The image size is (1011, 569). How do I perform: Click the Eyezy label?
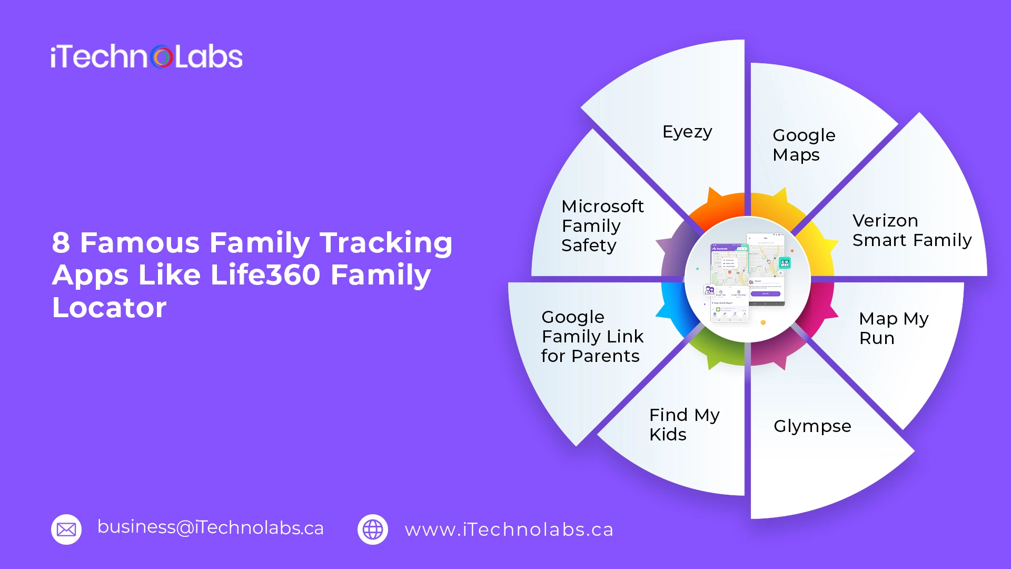pyautogui.click(x=687, y=132)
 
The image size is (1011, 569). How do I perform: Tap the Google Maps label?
pyautogui.click(x=803, y=145)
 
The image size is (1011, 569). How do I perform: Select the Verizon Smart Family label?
pyautogui.click(x=911, y=230)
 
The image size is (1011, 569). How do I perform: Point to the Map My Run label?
pyautogui.click(x=893, y=328)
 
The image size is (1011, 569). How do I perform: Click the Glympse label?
pyautogui.click(x=812, y=426)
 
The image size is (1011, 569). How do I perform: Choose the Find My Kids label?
pyautogui.click(x=683, y=425)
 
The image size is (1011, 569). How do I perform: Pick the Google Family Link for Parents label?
pyautogui.click(x=592, y=337)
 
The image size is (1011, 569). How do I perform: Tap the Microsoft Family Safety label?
pyautogui.click(x=602, y=225)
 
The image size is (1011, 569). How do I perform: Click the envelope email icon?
pyautogui.click(x=66, y=529)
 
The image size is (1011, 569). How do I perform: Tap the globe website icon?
pyautogui.click(x=373, y=529)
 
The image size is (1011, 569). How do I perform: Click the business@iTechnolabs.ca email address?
pyautogui.click(x=211, y=527)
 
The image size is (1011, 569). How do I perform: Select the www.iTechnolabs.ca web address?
pyautogui.click(x=509, y=529)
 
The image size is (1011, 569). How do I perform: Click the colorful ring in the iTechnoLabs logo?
pyautogui.click(x=162, y=57)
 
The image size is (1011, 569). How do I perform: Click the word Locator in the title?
pyautogui.click(x=109, y=308)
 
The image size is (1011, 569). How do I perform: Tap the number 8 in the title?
pyautogui.click(x=61, y=243)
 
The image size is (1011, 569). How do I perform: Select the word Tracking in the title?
pyautogui.click(x=386, y=243)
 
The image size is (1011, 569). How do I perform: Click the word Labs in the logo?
pyautogui.click(x=209, y=57)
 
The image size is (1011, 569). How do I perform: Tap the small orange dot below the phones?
pyautogui.click(x=763, y=322)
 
